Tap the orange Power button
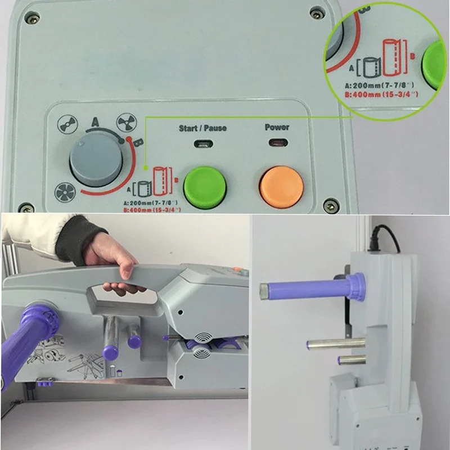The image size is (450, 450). pos(281,187)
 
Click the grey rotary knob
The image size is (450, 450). pos(96,160)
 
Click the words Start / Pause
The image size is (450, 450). pos(202,128)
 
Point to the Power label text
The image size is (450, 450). pos(277,127)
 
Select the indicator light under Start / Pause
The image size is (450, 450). pos(204,143)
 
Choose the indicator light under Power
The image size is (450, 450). pos(278,142)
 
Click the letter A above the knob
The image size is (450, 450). pos(95,122)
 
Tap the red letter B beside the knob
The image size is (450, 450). pos(139,142)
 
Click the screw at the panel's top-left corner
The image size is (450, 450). pos(32,19)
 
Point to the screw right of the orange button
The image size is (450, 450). pos(331,205)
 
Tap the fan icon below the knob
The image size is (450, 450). pos(65,192)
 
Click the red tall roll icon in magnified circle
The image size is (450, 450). pos(392,57)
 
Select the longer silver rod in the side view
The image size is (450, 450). pos(336,343)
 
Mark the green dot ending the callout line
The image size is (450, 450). pos(146,168)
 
